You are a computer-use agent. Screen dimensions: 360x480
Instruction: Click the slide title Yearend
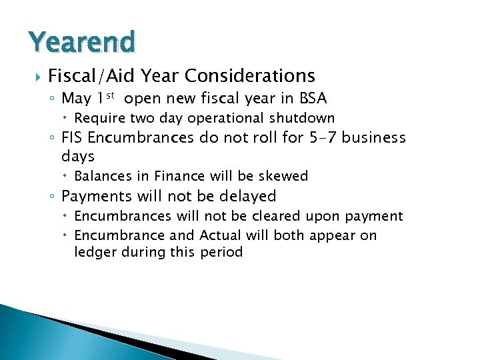coord(82,41)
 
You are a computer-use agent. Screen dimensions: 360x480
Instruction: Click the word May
coord(76,99)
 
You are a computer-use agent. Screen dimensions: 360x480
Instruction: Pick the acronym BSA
coord(312,99)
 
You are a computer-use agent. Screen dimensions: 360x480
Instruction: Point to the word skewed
coord(285,176)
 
